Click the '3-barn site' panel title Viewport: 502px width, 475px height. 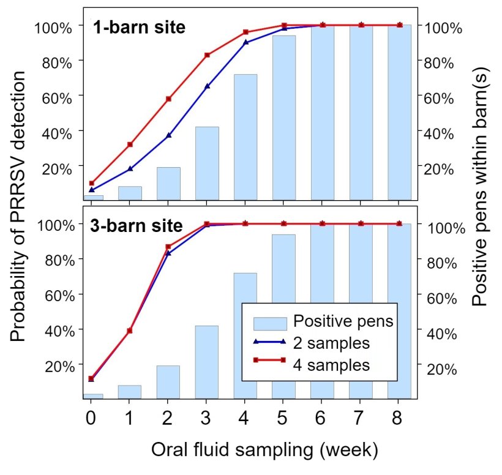[x=136, y=225]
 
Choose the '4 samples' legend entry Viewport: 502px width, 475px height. [x=331, y=365]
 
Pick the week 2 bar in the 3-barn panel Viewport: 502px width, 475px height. [x=168, y=382]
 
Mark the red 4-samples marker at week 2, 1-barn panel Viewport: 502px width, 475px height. [x=168, y=99]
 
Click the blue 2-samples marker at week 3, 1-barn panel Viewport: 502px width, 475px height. [x=207, y=86]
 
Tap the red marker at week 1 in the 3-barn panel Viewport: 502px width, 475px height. [x=130, y=331]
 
